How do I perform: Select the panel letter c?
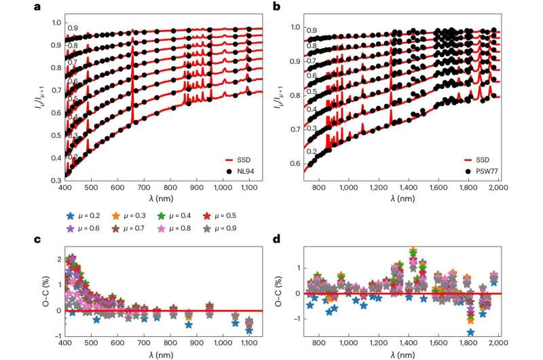click(x=37, y=238)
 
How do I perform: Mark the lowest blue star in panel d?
click(x=470, y=332)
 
